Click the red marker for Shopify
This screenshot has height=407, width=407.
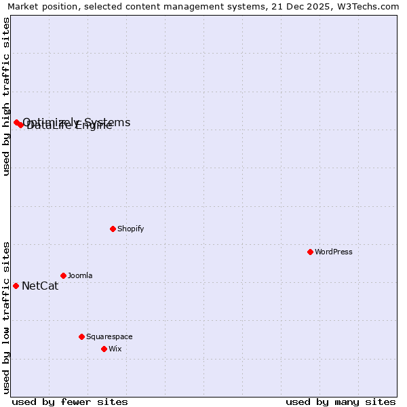tap(113, 229)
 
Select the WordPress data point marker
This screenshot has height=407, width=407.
tap(310, 252)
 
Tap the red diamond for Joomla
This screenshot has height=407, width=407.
tap(63, 275)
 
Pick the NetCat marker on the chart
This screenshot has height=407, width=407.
tap(16, 286)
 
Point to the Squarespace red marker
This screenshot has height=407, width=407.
tap(81, 336)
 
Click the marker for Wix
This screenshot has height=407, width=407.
tap(104, 349)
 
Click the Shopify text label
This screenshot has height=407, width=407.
tap(131, 229)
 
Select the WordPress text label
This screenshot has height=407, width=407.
tap(334, 252)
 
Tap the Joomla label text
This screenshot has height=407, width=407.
tap(80, 275)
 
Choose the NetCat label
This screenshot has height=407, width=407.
tap(40, 286)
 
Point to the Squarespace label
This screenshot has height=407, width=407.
tap(109, 336)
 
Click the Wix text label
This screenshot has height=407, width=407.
tap(115, 349)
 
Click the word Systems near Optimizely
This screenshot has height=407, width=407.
tap(107, 122)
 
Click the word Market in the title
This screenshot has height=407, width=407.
tap(24, 7)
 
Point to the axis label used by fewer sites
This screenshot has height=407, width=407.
tap(70, 402)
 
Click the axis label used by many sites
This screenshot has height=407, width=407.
tap(341, 402)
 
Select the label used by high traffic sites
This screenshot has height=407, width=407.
tap(7, 96)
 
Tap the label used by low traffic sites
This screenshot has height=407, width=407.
tap(7, 317)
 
